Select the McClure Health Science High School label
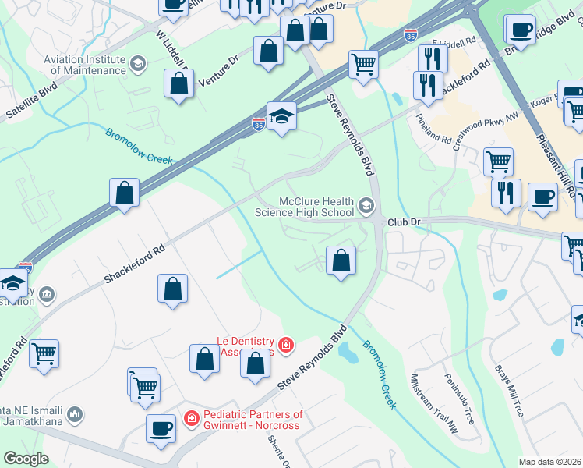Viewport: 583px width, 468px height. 306,207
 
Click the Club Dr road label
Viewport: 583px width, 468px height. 405,222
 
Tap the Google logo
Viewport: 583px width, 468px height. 25,459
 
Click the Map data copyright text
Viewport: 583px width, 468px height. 550,462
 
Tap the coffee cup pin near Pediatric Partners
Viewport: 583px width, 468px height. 161,429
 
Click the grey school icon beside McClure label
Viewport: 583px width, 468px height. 366,207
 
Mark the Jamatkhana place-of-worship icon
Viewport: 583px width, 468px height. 76,413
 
